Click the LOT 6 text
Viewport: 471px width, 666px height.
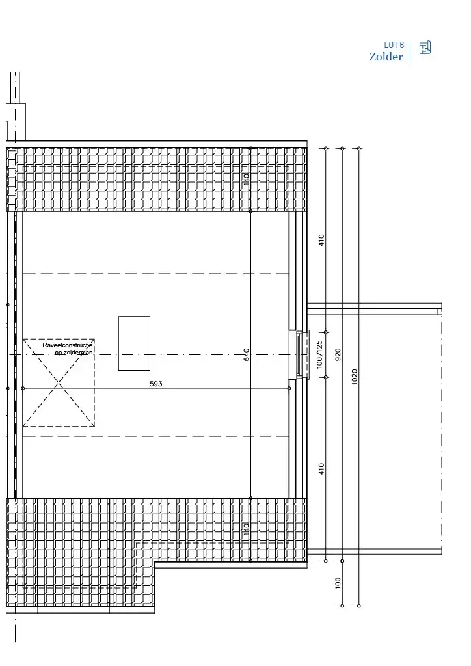pyautogui.click(x=394, y=46)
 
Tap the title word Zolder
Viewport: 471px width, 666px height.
pyautogui.click(x=386, y=57)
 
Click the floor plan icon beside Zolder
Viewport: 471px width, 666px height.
pyautogui.click(x=425, y=47)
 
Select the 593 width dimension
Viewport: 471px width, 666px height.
pyautogui.click(x=156, y=384)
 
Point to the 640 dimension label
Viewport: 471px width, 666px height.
pyautogui.click(x=247, y=355)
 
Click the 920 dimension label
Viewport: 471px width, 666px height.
pyautogui.click(x=338, y=354)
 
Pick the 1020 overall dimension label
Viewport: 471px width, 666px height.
pyautogui.click(x=355, y=377)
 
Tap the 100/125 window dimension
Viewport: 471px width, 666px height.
pyautogui.click(x=319, y=354)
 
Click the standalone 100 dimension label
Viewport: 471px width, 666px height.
pyautogui.click(x=338, y=583)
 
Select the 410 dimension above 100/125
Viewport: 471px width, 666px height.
pyautogui.click(x=321, y=240)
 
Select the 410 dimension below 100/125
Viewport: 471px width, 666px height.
pyautogui.click(x=321, y=468)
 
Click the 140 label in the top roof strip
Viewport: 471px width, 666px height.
pyautogui.click(x=247, y=180)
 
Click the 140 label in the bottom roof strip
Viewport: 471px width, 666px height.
pyautogui.click(x=247, y=529)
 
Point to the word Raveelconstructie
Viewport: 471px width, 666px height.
pyautogui.click(x=68, y=345)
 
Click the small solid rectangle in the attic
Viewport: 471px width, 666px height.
pyautogui.click(x=134, y=343)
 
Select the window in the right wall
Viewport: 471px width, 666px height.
pyautogui.click(x=298, y=354)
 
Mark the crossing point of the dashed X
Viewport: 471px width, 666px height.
pyautogui.click(x=59, y=383)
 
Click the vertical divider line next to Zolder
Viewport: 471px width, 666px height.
pyautogui.click(x=410, y=51)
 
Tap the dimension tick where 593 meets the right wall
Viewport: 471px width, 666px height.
pyautogui.click(x=289, y=388)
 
